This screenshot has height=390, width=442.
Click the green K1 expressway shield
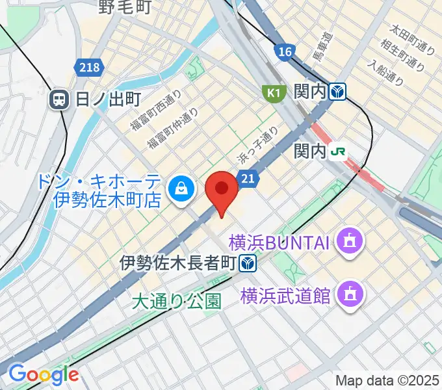274,93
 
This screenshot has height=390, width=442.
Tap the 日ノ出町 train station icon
59,99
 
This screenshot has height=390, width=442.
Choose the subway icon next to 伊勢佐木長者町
246,263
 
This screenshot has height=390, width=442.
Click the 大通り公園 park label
176,301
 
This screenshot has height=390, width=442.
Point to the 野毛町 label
125,8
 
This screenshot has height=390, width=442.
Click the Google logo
43,374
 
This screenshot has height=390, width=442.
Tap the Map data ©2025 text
387,380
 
